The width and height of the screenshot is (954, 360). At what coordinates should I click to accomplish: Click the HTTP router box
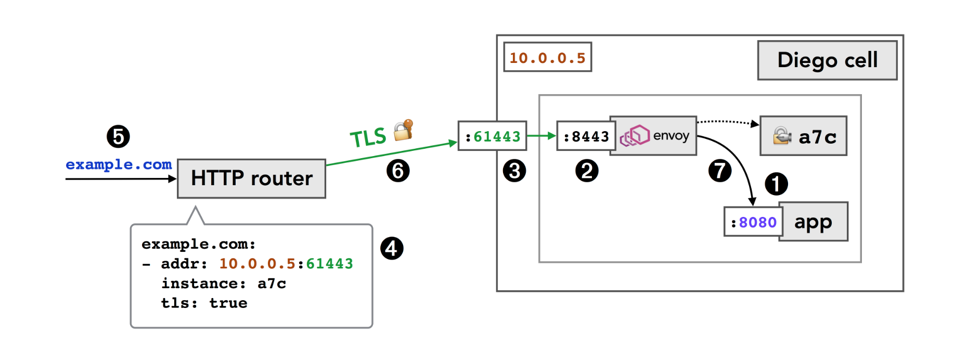[x=251, y=178]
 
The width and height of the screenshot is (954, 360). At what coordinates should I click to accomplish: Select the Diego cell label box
[x=827, y=60]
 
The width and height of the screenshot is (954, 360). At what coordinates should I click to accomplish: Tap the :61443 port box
[x=492, y=136]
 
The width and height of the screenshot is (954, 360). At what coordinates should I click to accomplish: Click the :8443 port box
[x=586, y=136]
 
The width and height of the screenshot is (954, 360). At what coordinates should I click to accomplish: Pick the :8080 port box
[x=754, y=222]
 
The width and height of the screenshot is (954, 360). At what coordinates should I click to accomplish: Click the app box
[x=814, y=222]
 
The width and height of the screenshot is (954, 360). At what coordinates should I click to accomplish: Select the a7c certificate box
[x=804, y=136]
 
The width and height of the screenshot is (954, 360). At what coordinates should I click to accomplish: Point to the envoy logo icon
[x=635, y=136]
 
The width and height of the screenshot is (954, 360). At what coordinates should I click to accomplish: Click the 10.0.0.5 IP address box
[x=547, y=57]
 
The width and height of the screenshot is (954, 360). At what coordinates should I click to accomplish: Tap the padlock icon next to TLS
[x=403, y=130]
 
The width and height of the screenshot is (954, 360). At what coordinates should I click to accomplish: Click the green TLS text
[x=368, y=138]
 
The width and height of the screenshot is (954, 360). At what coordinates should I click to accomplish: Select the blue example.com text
[x=119, y=164]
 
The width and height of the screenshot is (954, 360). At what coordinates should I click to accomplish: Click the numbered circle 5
[x=118, y=137]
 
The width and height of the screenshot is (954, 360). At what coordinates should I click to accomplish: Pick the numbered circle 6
[x=398, y=171]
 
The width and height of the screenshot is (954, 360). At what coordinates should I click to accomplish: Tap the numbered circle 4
[x=392, y=248]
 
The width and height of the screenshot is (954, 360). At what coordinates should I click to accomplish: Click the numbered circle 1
[x=776, y=184]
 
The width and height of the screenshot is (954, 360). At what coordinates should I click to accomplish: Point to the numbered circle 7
[x=720, y=171]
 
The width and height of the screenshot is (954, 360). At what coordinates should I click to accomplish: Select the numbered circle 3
[x=514, y=171]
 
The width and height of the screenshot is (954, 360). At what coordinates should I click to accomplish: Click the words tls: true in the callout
[x=204, y=303]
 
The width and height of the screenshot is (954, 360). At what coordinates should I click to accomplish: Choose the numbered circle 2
[x=587, y=171]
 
